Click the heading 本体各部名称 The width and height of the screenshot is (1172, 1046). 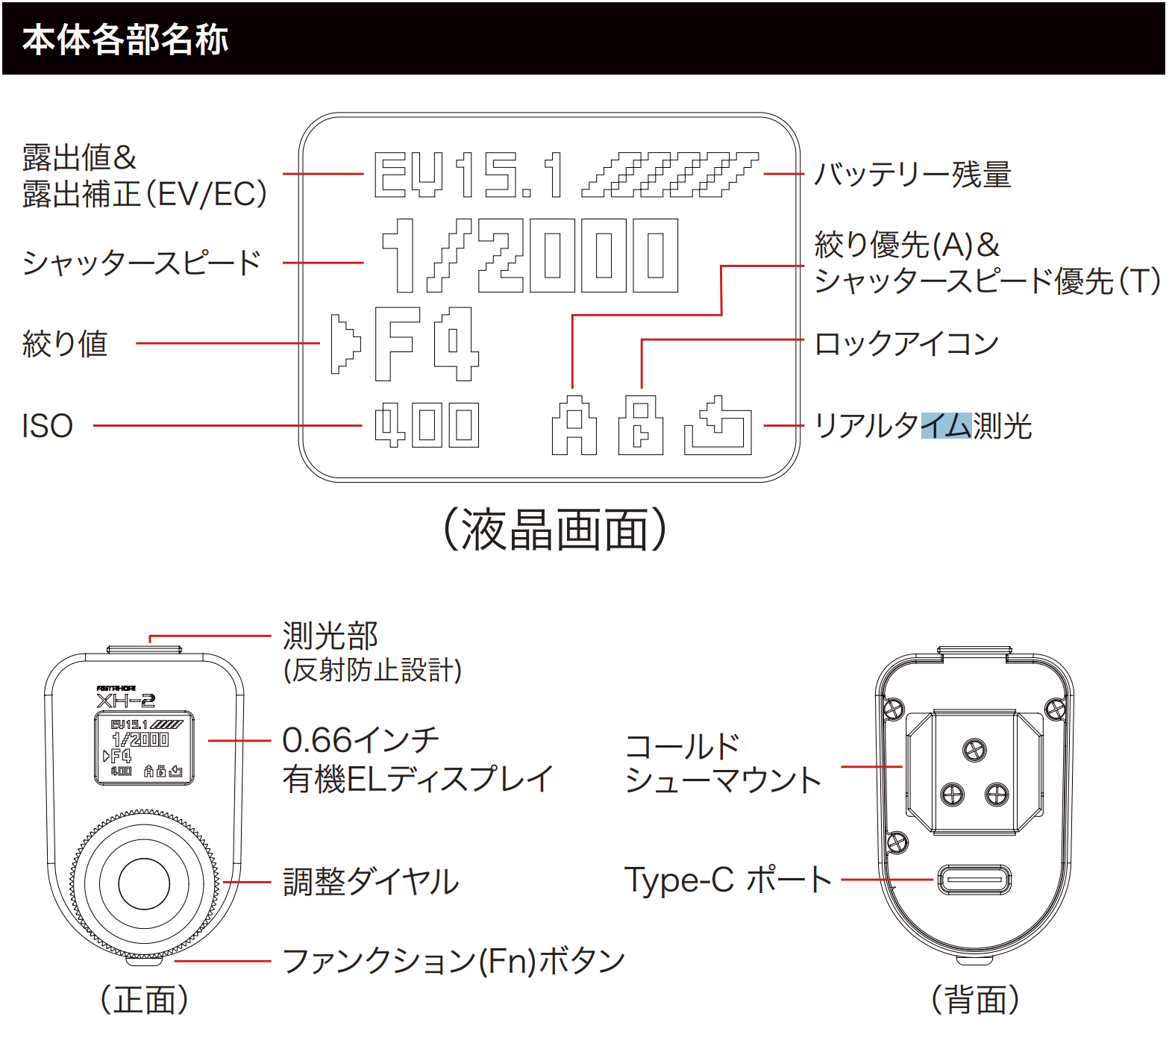[x=125, y=40]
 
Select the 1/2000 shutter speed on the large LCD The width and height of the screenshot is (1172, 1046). [x=530, y=255]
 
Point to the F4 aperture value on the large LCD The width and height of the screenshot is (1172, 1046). [x=426, y=343]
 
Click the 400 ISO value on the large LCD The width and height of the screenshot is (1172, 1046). [x=427, y=425]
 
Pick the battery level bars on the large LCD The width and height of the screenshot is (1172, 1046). [x=669, y=175]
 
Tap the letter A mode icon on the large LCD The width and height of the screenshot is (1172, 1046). [x=574, y=426]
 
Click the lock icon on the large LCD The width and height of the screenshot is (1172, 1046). [x=641, y=425]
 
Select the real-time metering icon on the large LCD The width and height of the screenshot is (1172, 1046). [x=718, y=426]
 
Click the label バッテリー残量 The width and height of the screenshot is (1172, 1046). [x=912, y=175]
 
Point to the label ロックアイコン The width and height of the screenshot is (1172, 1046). [x=906, y=344]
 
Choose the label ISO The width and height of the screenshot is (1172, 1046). [x=47, y=426]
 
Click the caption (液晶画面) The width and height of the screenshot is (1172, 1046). [x=555, y=530]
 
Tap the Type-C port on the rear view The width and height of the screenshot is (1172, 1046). [x=974, y=880]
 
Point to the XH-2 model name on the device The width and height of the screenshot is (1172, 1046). [x=125, y=700]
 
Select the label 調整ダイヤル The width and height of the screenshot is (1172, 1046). [x=371, y=882]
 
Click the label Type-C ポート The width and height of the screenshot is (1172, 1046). [x=727, y=880]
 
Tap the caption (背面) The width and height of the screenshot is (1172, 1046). [x=975, y=1000]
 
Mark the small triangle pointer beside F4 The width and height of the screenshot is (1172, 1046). [x=345, y=344]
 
